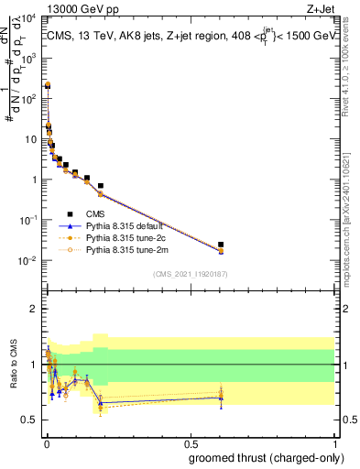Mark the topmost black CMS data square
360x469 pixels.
click(48, 85)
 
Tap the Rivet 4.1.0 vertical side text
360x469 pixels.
click(352, 64)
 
